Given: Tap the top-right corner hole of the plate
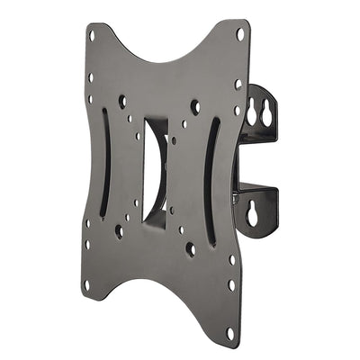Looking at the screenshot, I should (x=240, y=34).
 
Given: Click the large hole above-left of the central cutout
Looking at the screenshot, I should (x=122, y=102).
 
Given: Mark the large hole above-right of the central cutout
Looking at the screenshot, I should (x=194, y=107).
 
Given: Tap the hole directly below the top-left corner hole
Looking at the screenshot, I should (x=91, y=76).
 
